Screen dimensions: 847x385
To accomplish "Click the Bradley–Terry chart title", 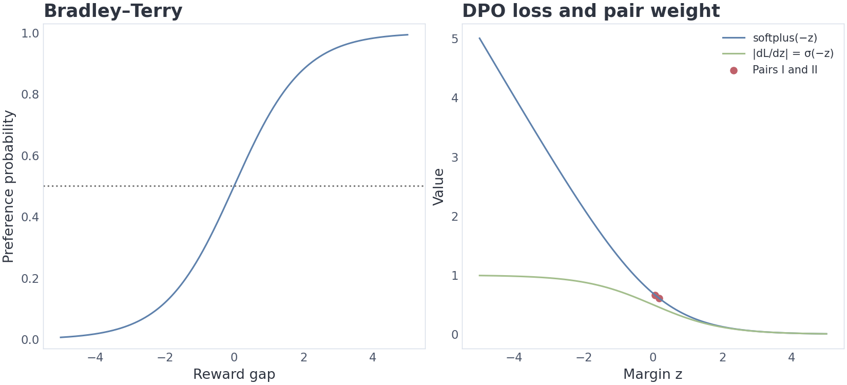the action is click(x=113, y=11).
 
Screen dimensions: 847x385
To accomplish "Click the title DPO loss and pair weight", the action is click(x=591, y=11).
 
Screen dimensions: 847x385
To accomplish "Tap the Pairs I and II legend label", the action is click(x=785, y=70).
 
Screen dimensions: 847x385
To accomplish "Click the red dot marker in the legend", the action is click(x=734, y=70).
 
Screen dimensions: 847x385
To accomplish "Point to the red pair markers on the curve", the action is click(x=657, y=297).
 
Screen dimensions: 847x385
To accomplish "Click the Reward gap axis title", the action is click(x=234, y=374).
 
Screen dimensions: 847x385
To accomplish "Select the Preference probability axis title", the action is click(x=8, y=186).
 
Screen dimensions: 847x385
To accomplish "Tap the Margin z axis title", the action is click(x=652, y=374).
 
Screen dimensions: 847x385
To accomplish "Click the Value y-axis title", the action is click(x=438, y=187).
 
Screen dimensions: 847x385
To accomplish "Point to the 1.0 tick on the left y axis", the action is click(x=30, y=34).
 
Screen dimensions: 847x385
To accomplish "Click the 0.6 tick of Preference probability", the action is click(x=30, y=156).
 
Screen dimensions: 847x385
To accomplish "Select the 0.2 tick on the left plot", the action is click(x=30, y=279).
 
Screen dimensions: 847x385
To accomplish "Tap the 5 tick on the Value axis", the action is click(x=454, y=39).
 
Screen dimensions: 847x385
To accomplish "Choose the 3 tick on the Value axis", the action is click(x=454, y=157).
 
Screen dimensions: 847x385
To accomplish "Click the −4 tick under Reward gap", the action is click(x=95, y=357).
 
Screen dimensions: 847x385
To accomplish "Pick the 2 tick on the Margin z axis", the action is click(x=723, y=357).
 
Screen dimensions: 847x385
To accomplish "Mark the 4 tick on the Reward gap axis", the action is click(x=373, y=357).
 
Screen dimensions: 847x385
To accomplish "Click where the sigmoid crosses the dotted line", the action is click(x=234, y=186).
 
